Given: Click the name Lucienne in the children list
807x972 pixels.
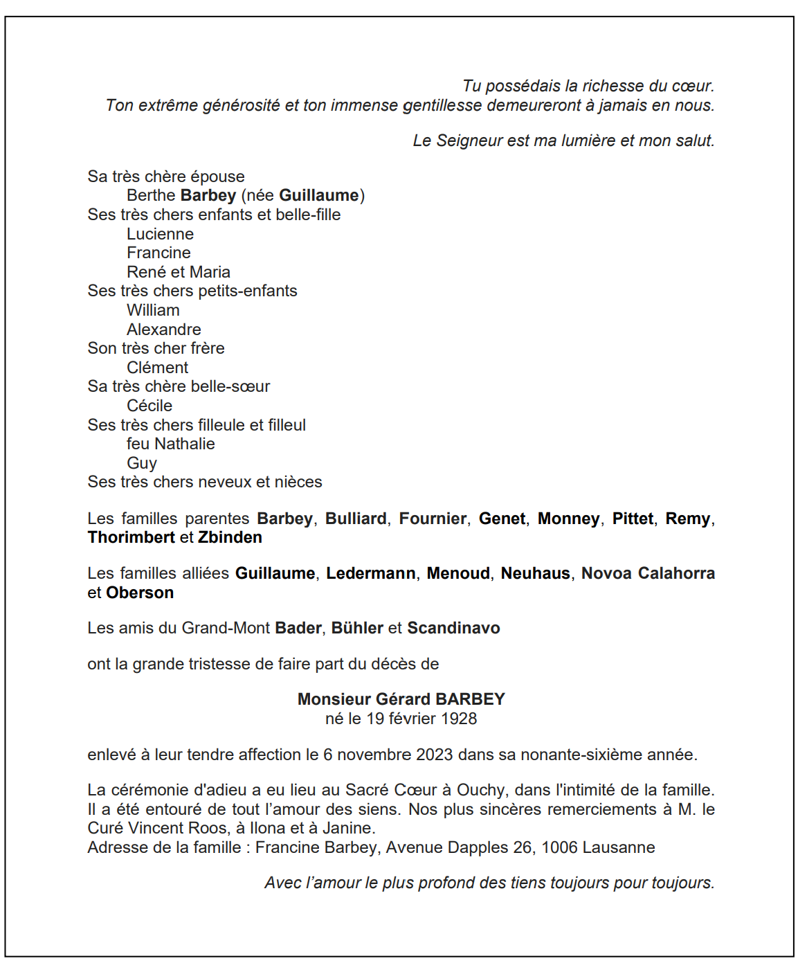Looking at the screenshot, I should (160, 234).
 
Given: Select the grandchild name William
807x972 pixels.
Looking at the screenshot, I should (153, 310).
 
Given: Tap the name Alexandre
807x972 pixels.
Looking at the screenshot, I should (164, 330).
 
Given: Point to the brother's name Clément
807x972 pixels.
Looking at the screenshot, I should (157, 368).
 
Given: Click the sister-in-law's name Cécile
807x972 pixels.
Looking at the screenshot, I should (149, 406).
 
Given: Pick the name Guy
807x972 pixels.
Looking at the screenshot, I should (142, 463).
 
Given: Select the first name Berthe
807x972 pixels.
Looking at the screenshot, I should (151, 196).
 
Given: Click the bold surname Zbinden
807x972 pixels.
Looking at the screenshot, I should (230, 537).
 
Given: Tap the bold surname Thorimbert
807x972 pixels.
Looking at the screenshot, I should (131, 537).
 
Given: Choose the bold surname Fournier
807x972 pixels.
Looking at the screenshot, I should (433, 519).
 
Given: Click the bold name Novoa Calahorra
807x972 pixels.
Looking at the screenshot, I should (648, 573).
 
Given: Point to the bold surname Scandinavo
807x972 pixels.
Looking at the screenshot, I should (453, 628).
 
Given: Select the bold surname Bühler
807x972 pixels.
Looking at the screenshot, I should (357, 628).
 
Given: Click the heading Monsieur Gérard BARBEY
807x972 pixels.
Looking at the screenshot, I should (401, 699).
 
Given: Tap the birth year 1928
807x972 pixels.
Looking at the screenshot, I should (459, 719).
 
